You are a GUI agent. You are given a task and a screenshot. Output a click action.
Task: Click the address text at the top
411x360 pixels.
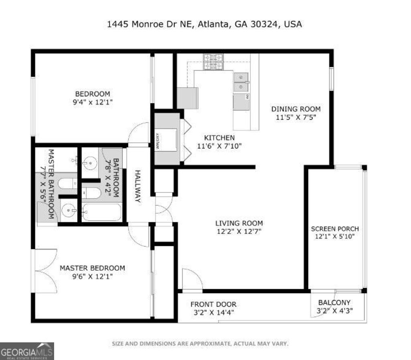[204, 24]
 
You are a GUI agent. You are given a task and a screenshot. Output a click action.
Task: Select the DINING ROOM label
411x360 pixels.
[296, 109]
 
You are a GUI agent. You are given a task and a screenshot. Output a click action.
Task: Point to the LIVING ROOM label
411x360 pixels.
[239, 223]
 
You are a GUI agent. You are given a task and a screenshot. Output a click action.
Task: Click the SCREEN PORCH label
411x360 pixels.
[335, 229]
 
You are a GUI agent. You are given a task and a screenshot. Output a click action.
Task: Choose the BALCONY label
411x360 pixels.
[334, 303]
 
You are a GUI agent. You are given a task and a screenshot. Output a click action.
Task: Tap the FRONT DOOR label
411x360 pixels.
[213, 305]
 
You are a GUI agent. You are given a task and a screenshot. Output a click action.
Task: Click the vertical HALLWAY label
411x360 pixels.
[138, 186]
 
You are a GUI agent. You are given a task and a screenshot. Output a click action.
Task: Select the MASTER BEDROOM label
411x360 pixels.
[92, 268]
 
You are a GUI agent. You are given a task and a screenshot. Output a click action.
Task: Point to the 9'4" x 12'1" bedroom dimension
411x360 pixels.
[90, 102]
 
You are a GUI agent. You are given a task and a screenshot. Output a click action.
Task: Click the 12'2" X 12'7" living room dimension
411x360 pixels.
[239, 231]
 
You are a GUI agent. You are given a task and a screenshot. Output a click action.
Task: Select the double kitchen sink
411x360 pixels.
[241, 82]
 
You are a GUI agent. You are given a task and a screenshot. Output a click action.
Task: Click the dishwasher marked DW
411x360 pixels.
[241, 102]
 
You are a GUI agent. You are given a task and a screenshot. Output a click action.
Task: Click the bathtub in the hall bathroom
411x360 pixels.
[102, 212]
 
